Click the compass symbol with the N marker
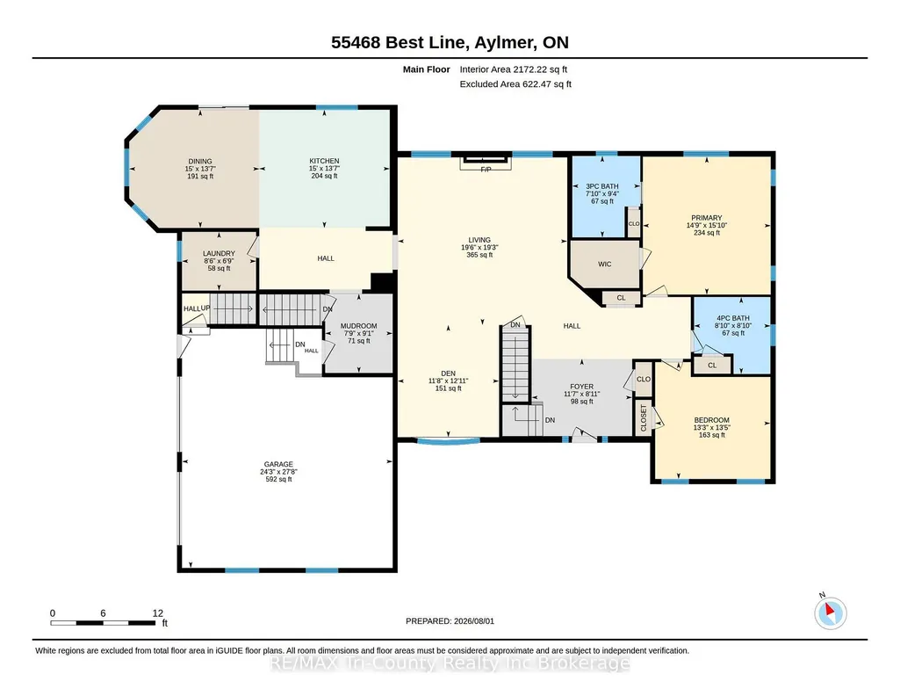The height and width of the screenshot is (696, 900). coord(830,613)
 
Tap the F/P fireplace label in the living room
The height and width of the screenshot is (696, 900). coord(486,170)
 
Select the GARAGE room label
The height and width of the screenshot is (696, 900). coord(278,464)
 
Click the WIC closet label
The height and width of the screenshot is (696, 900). coord(604,265)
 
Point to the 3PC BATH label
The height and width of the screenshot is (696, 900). coord(602,186)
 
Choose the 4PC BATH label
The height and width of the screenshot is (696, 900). coord(733,318)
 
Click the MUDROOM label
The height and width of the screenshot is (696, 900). coord(359,326)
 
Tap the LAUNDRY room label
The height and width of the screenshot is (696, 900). coord(219,253)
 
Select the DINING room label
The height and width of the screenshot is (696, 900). coord(200,162)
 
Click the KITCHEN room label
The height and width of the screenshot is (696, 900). coord(324,161)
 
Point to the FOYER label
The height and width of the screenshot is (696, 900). coord(581,387)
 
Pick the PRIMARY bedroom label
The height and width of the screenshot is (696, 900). coord(707,218)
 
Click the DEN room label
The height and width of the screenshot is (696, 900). coord(449,373)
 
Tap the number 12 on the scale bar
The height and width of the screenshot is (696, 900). coord(158,613)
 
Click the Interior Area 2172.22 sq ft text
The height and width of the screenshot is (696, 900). coord(513,69)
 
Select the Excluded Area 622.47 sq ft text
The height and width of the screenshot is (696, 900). coord(515,83)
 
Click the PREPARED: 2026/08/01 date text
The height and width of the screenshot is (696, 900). coord(450,620)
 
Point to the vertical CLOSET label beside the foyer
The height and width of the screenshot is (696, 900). coord(644,418)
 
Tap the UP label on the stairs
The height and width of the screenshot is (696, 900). coord(205,308)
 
